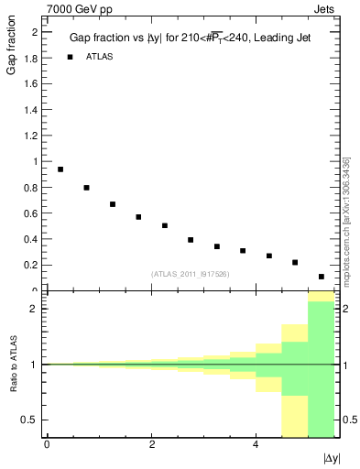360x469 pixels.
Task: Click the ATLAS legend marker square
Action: [x=69, y=57]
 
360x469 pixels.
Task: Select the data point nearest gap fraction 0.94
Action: [x=60, y=169]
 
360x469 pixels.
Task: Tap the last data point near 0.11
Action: [x=322, y=277]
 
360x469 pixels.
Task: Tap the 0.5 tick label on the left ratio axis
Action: [x=32, y=420]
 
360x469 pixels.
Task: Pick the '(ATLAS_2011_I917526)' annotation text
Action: [x=189, y=274]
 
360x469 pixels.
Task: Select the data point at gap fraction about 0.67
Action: [x=113, y=204]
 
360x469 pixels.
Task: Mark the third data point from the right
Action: [x=269, y=256]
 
